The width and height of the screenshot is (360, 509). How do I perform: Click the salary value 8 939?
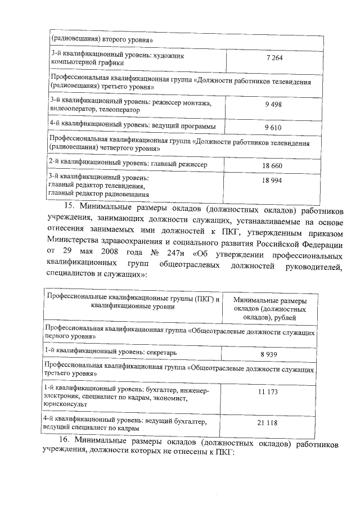coord(270,355)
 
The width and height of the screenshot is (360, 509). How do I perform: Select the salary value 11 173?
coord(269,391)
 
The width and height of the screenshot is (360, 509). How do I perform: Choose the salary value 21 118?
coord(269,423)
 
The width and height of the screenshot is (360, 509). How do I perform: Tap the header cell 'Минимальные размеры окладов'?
coord(269,309)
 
